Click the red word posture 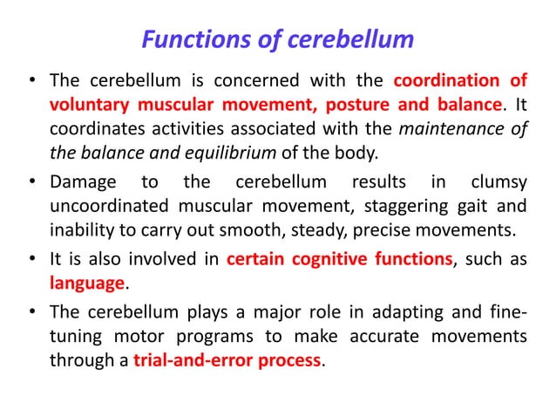[x=356, y=106]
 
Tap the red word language [x=87, y=284]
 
